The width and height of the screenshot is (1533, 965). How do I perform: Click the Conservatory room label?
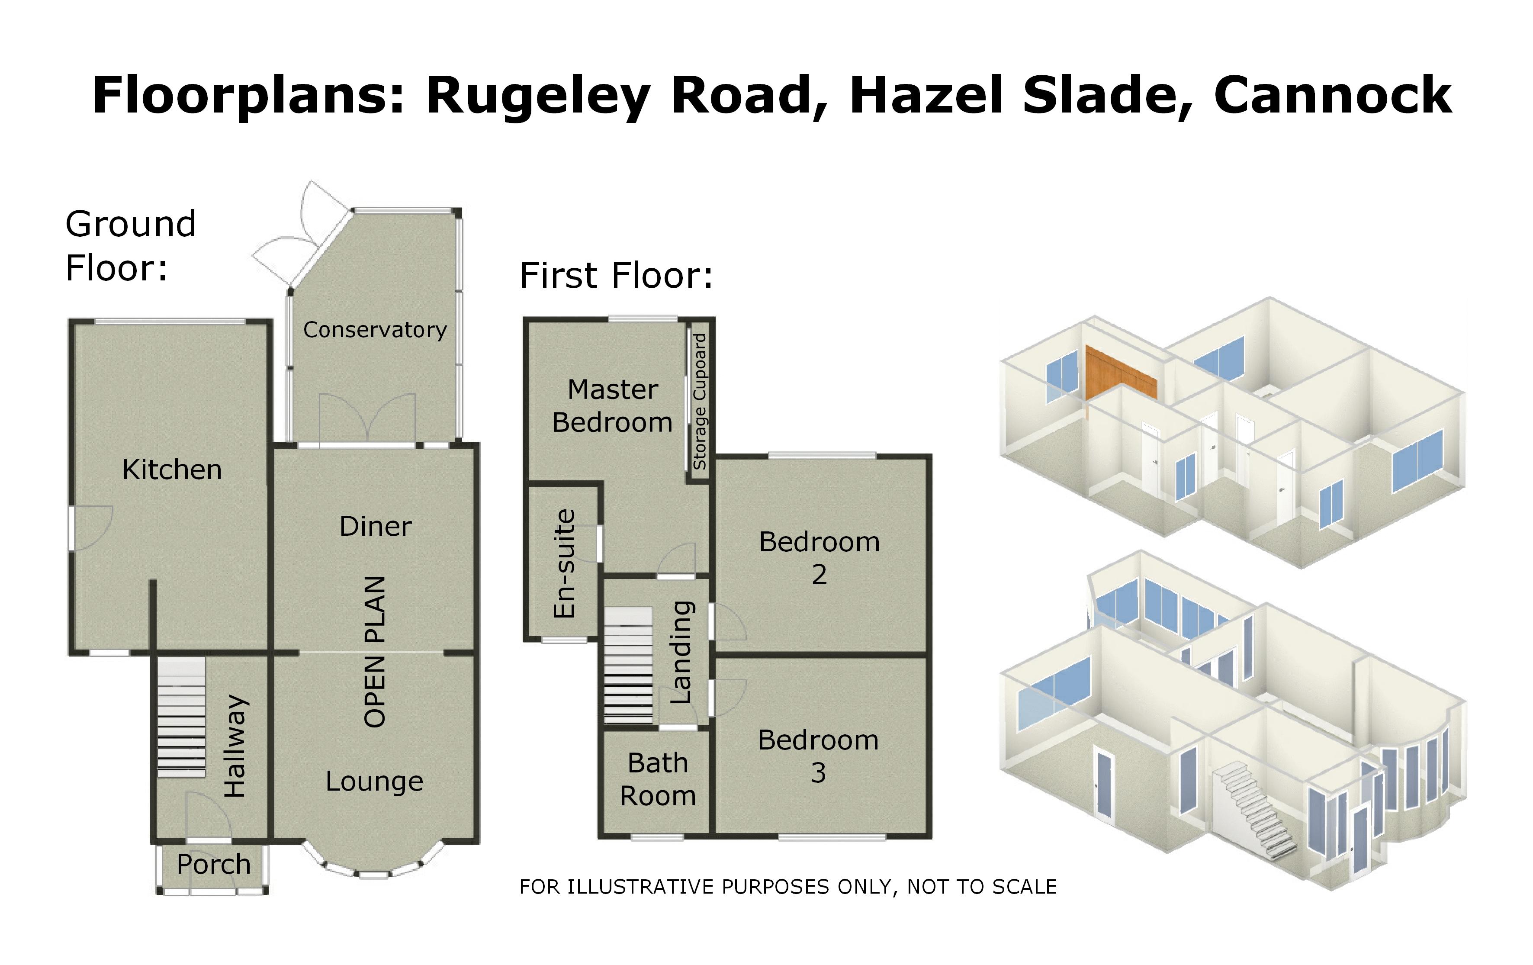(x=375, y=330)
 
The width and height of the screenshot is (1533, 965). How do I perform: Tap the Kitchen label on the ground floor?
(x=172, y=470)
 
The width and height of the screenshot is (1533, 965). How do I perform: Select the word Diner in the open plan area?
(x=376, y=526)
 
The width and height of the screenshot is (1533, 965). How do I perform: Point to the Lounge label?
(x=374, y=782)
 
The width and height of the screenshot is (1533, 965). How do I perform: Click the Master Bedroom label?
(x=612, y=406)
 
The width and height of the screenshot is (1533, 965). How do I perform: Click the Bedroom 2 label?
(x=820, y=558)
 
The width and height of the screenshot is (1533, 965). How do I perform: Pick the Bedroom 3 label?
(x=818, y=756)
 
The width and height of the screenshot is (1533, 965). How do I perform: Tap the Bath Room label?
(x=658, y=779)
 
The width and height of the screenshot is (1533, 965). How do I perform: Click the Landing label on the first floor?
(x=681, y=653)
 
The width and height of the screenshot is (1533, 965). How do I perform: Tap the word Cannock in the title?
(x=1333, y=96)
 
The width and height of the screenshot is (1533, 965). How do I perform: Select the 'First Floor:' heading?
(x=616, y=276)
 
